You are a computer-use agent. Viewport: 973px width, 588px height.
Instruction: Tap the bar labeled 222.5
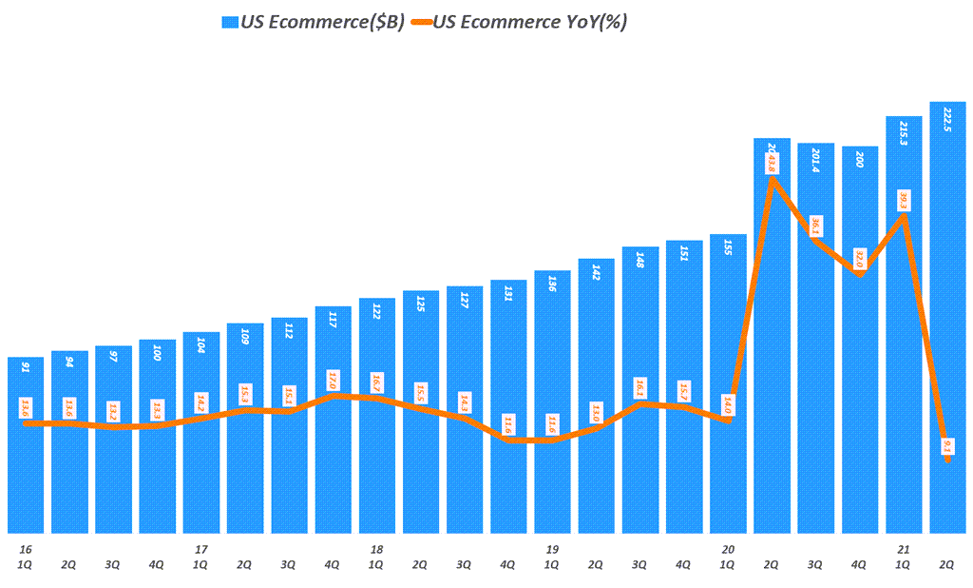tap(947, 314)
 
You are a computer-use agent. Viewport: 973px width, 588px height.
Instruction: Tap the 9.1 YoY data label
tap(947, 446)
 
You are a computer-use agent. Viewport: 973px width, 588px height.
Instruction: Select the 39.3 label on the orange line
tap(904, 200)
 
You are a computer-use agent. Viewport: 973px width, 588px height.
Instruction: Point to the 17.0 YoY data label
tap(333, 380)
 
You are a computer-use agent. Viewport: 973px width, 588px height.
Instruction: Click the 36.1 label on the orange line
tap(815, 225)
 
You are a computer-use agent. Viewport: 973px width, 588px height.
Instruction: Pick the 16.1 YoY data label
tap(639, 388)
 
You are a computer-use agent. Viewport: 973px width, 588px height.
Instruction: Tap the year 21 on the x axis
tap(903, 549)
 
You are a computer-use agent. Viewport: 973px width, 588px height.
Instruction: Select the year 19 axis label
tap(551, 549)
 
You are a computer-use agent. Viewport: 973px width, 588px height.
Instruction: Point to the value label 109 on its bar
tap(245, 336)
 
